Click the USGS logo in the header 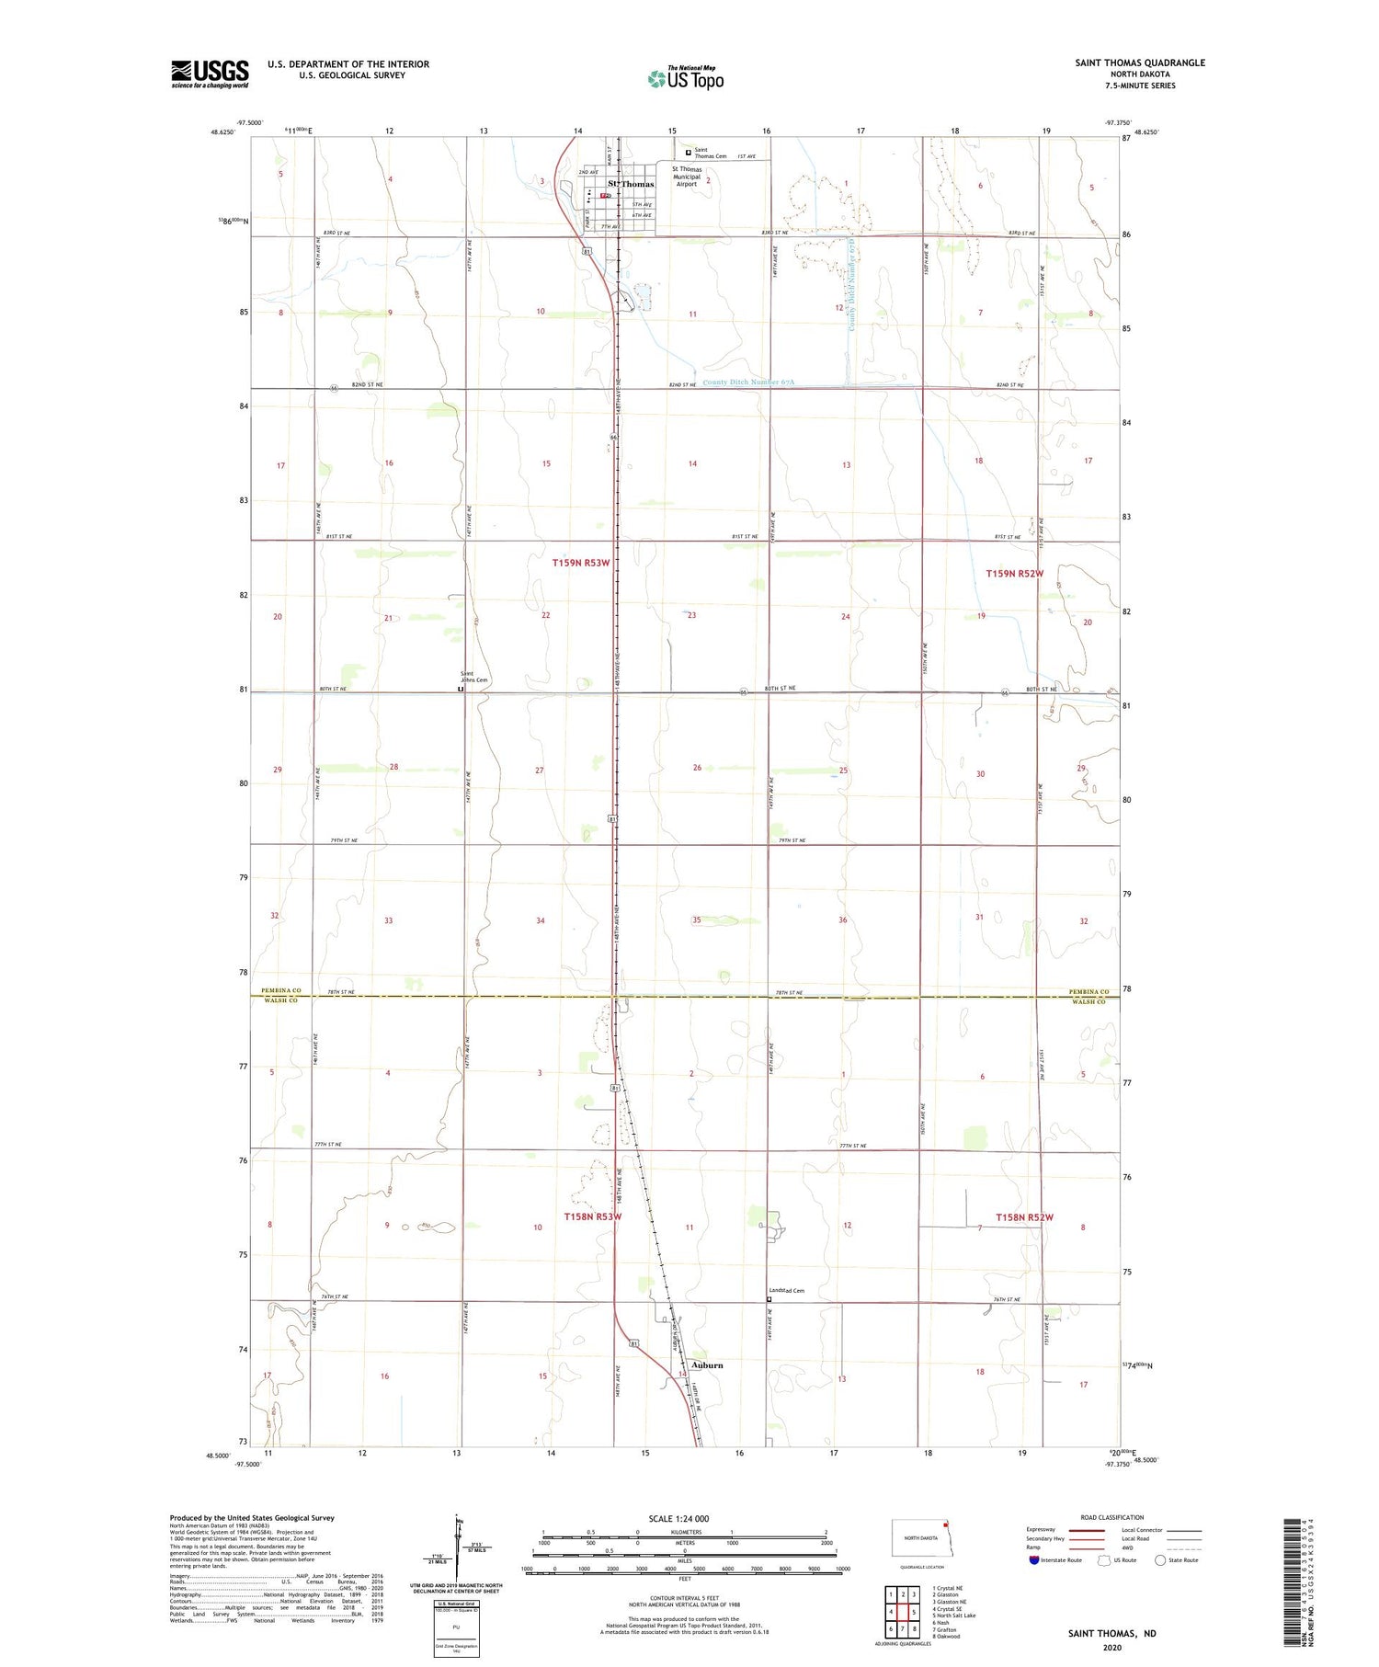[x=210, y=74]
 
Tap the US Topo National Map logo [x=686, y=78]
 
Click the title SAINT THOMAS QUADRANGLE [x=1140, y=63]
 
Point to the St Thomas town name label [x=632, y=184]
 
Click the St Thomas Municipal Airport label [x=687, y=177]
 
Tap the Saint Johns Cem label [x=473, y=676]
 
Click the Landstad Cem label [x=787, y=1291]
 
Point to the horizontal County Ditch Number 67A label [x=748, y=382]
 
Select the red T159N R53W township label [x=581, y=562]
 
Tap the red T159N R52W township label [x=1015, y=573]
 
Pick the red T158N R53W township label [x=593, y=1216]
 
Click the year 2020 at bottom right [x=1111, y=1648]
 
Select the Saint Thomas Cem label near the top [x=710, y=153]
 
